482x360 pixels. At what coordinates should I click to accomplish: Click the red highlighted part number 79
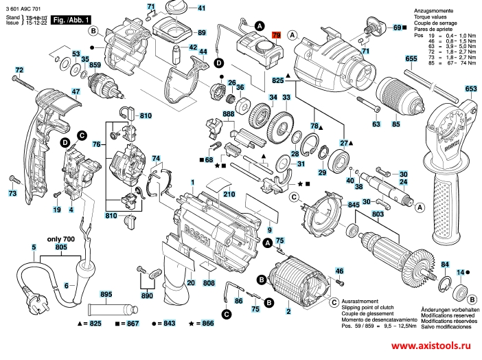pos(277,34)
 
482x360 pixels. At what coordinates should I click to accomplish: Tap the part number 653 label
pos(470,89)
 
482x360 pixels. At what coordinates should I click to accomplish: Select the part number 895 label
pos(106,294)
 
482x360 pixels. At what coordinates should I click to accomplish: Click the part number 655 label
pos(411,60)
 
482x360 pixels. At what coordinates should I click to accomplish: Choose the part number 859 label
pos(94,65)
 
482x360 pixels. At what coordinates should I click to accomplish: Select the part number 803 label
pos(378,215)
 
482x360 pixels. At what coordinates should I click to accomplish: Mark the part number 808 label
pos(209,283)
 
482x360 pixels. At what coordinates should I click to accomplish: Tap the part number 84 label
pos(444,265)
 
